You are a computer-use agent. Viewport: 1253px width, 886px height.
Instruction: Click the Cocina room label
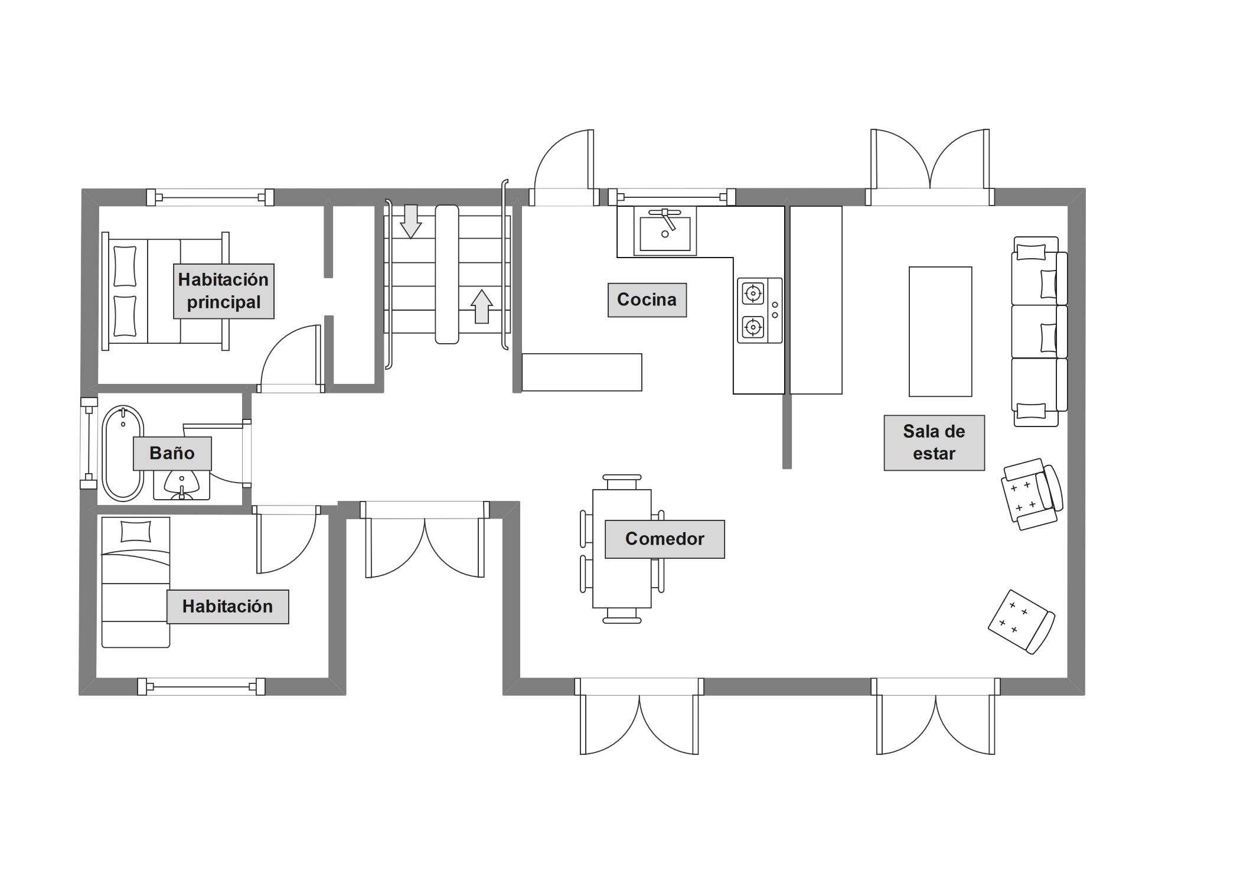647,300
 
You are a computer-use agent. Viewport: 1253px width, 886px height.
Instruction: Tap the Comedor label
665,539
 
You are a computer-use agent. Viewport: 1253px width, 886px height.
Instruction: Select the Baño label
172,454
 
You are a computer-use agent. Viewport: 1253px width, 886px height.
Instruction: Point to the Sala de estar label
934,443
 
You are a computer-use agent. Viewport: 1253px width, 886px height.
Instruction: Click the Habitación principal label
224,291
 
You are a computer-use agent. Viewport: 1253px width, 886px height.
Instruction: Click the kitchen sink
665,231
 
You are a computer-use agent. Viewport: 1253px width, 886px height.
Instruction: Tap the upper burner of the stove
753,293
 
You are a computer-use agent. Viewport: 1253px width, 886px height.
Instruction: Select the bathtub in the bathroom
123,454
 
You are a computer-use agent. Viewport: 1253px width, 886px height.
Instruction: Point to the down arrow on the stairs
410,221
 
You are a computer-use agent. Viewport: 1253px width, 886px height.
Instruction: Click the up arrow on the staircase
482,307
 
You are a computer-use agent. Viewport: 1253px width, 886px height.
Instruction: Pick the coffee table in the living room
941,331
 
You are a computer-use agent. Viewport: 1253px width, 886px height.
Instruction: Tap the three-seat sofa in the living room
1040,331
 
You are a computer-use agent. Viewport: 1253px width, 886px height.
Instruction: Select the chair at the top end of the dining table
622,482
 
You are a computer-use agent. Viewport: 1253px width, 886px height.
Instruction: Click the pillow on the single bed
136,532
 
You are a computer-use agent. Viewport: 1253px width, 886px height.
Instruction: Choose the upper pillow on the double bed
125,266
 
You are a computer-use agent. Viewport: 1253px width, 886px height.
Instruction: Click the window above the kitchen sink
672,197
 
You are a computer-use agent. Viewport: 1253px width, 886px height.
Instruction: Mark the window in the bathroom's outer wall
89,443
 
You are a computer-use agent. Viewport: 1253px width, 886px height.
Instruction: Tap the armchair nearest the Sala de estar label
1032,494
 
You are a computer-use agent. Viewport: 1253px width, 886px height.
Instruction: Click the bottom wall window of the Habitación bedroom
201,686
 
